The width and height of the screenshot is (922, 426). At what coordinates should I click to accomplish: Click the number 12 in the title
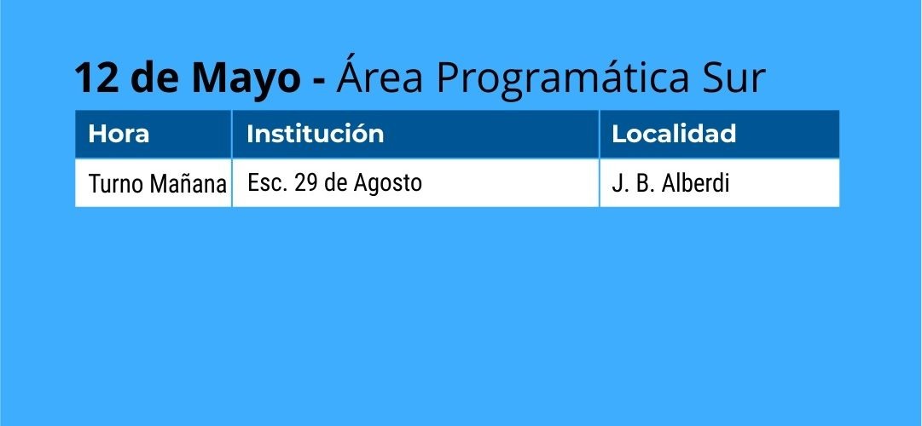[96, 78]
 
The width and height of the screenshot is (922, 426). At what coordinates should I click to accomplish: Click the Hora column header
[119, 134]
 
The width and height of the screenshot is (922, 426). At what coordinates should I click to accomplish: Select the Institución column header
[316, 134]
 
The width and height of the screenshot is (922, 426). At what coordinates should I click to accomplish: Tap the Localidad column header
[674, 134]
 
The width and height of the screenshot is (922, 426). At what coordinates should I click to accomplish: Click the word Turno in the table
[116, 185]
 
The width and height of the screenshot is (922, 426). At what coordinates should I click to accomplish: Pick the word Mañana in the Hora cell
[188, 184]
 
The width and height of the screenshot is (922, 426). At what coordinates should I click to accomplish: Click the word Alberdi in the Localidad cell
[696, 183]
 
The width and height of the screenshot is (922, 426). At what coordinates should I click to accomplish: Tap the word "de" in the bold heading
[155, 78]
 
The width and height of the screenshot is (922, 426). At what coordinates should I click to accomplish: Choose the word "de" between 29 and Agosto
[336, 183]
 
